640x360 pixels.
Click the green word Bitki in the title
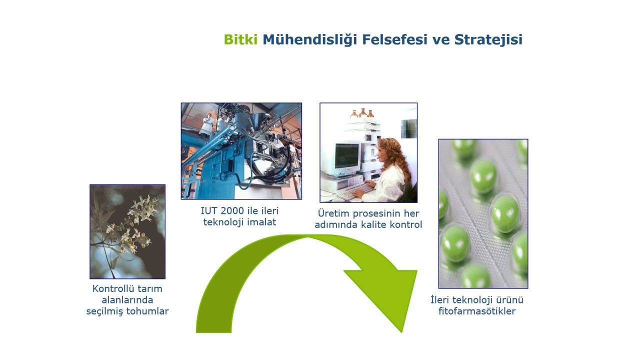pos(240,39)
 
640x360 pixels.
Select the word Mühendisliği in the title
pos(309,40)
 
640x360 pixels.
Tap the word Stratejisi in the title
pos(488,39)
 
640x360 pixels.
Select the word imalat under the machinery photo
pos(261,222)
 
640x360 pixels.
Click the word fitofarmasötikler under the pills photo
pos(477,311)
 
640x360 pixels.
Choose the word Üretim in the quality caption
pos(333,213)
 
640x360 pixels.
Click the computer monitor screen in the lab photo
pos(347,156)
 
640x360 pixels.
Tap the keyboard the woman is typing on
pos(355,191)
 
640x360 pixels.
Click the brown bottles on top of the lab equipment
pos(362,113)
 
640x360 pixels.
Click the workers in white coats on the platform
pos(213,123)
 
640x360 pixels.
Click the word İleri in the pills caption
pos(440,299)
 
